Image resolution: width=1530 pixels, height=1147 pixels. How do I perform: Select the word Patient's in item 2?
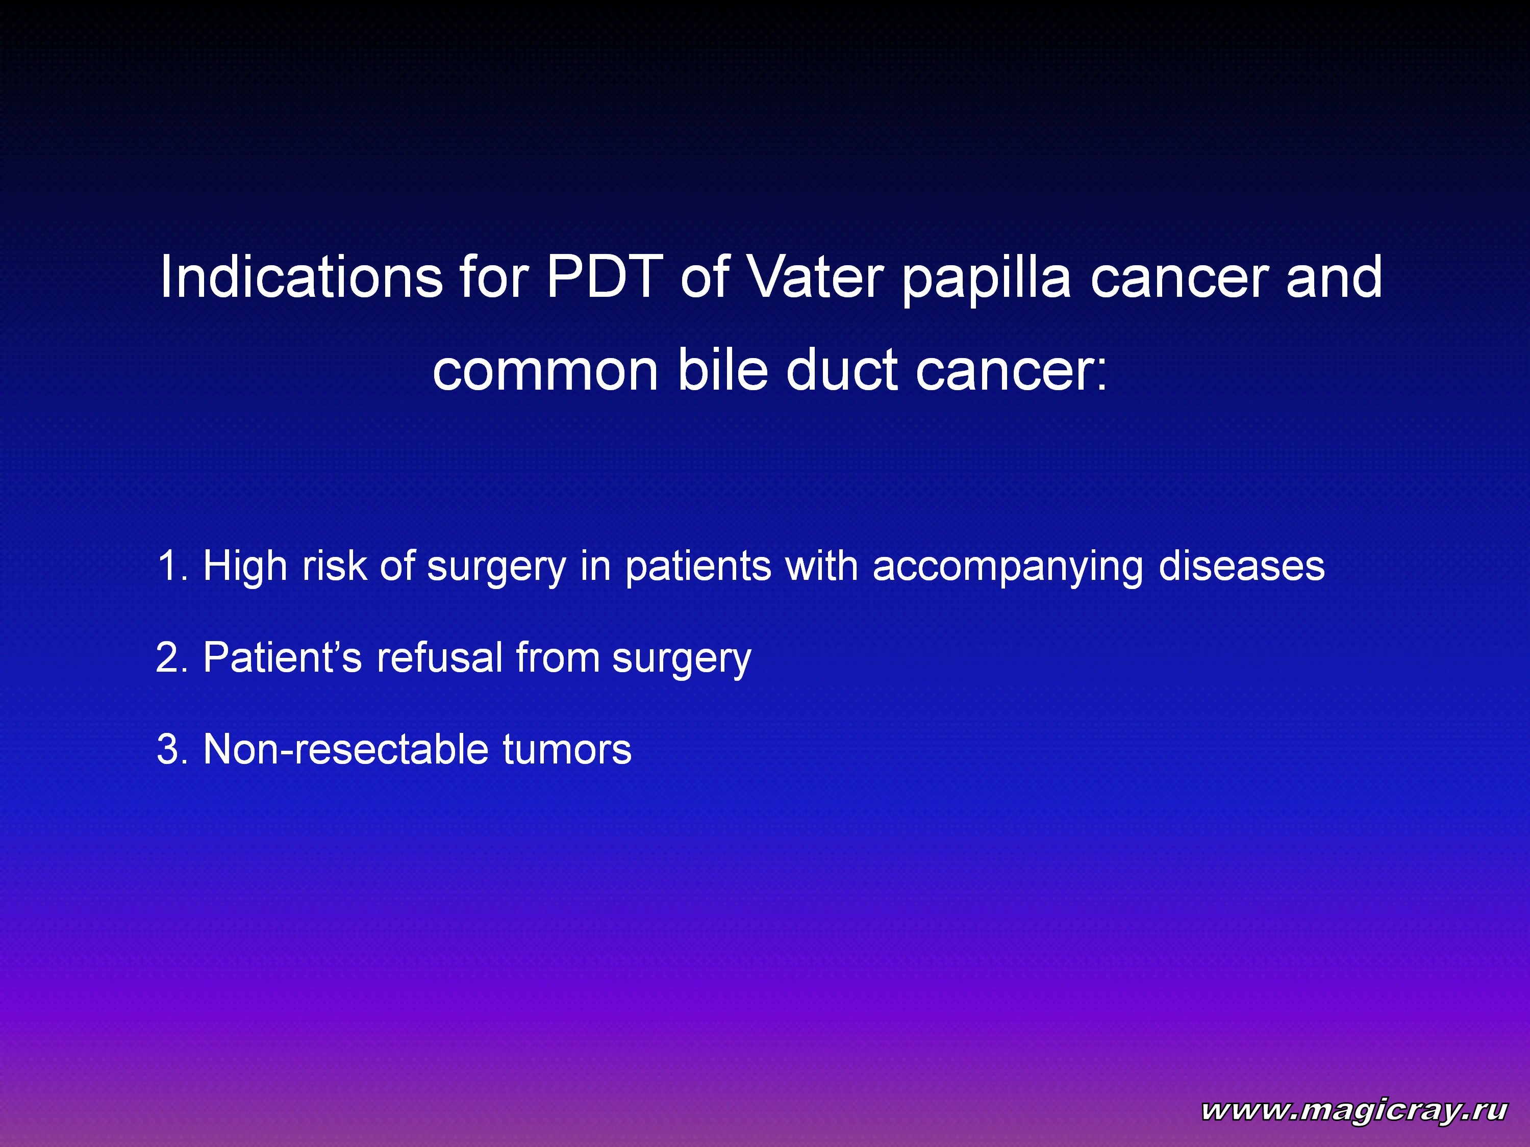pos(282,657)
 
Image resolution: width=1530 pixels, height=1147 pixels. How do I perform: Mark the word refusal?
pos(439,657)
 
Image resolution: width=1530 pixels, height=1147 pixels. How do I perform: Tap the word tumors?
pos(567,750)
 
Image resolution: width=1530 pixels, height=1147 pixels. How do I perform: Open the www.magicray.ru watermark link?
pos(1353,1110)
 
